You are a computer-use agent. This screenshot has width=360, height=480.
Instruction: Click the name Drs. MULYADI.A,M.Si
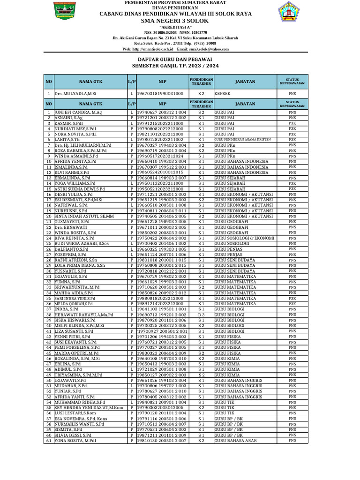75,94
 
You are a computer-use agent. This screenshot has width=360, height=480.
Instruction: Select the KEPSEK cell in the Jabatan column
223,94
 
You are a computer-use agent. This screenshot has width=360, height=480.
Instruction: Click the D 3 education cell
201,315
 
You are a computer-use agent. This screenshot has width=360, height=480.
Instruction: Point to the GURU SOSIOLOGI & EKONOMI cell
244,238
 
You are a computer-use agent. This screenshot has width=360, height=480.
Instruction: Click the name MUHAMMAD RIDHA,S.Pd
80,402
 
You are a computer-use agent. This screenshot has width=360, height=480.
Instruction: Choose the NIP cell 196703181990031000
160,94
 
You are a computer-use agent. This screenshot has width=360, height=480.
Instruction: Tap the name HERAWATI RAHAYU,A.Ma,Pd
84,315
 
